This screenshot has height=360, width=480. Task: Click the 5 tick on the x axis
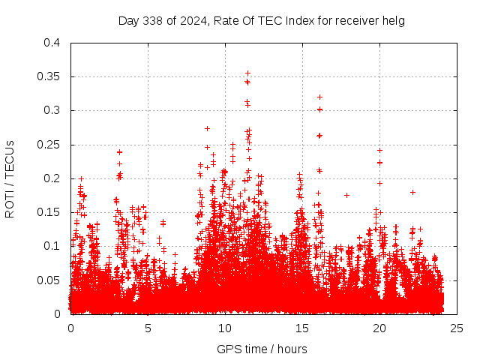[x=148, y=328]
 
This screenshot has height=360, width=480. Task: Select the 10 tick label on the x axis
[x=225, y=328]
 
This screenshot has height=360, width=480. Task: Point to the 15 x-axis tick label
[x=302, y=328]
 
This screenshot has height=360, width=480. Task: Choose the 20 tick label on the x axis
[x=379, y=328]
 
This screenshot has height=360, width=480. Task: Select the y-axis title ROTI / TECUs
[x=10, y=178]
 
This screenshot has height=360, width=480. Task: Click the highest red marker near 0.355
[x=247, y=73]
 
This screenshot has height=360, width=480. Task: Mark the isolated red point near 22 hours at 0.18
[x=412, y=192]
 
